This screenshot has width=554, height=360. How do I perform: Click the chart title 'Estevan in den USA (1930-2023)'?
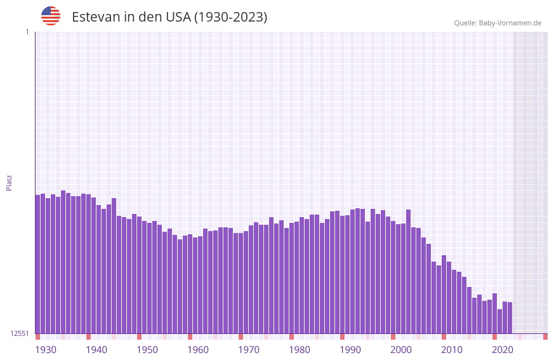[x=169, y=17]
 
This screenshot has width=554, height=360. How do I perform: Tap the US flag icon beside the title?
[x=51, y=16]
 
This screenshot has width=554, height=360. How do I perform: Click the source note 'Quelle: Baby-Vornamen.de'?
[x=498, y=23]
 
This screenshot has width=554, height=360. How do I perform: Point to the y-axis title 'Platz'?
[x=9, y=182]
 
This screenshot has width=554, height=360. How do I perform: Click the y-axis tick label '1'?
[x=27, y=32]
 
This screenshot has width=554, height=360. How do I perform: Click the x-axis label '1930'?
[x=46, y=350]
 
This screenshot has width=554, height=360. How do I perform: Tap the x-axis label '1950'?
[x=147, y=350]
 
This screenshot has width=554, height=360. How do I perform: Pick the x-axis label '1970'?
[x=249, y=350]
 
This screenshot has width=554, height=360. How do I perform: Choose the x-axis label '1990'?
[x=350, y=350]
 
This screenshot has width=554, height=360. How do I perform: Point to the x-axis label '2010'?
[x=452, y=350]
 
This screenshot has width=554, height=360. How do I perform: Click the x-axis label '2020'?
[x=503, y=350]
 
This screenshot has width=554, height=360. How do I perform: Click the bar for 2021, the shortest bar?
[x=500, y=321]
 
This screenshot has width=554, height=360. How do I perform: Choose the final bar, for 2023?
[x=510, y=317]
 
